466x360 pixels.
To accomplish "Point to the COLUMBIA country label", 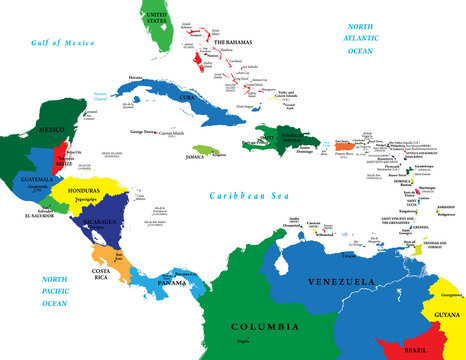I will click(264, 327).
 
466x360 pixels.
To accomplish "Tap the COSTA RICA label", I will click(107, 275).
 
